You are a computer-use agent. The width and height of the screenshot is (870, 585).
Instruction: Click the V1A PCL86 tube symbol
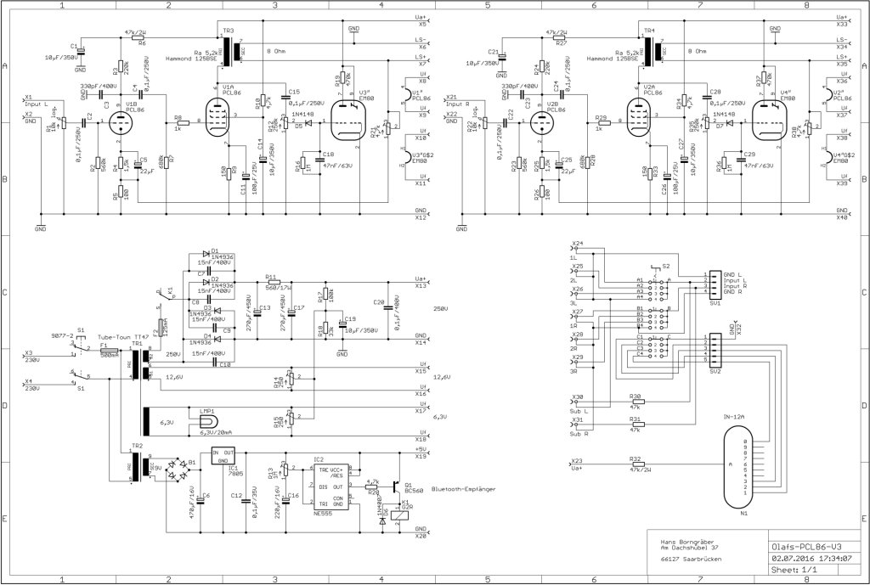219,121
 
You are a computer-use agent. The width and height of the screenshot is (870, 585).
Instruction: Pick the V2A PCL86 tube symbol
639,121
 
